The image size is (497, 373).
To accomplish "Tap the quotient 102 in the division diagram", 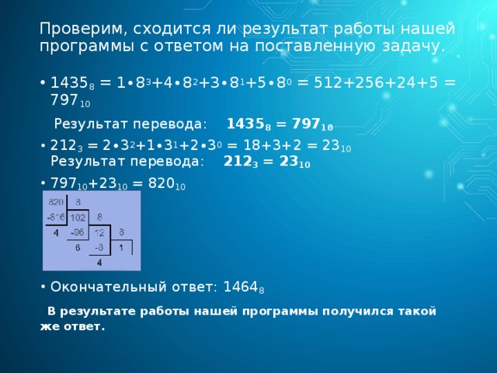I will [78, 217].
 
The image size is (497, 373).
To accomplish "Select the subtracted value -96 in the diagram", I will [77, 232].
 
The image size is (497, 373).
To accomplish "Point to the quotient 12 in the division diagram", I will [99, 232].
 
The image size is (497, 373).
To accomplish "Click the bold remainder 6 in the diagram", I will [78, 249].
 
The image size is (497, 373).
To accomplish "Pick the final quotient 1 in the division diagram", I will [121, 248].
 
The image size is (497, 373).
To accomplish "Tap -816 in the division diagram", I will [56, 216].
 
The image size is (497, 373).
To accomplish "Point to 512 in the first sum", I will [326, 82].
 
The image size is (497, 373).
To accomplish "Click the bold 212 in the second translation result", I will [236, 162].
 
